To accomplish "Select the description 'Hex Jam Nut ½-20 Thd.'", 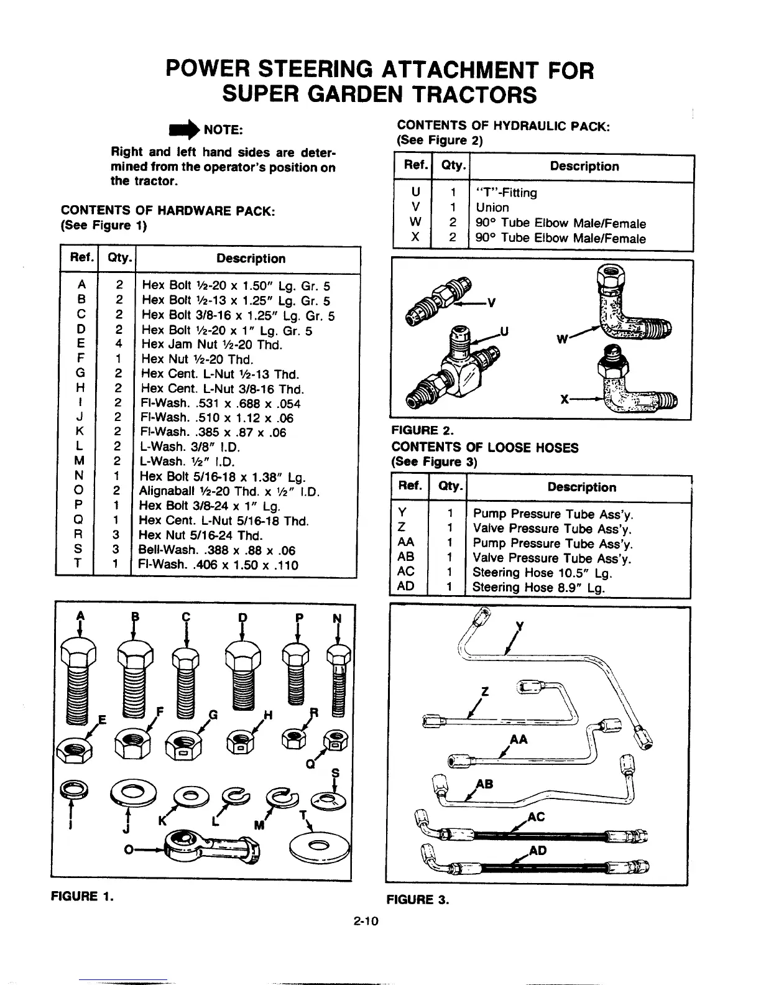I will (x=212, y=345).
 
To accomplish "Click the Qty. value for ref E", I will (x=118, y=345).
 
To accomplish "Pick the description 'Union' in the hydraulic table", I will (x=492, y=208).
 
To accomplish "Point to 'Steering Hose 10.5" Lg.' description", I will (x=542, y=573).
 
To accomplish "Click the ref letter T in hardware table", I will (x=79, y=565).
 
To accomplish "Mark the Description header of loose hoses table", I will (x=581, y=488).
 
